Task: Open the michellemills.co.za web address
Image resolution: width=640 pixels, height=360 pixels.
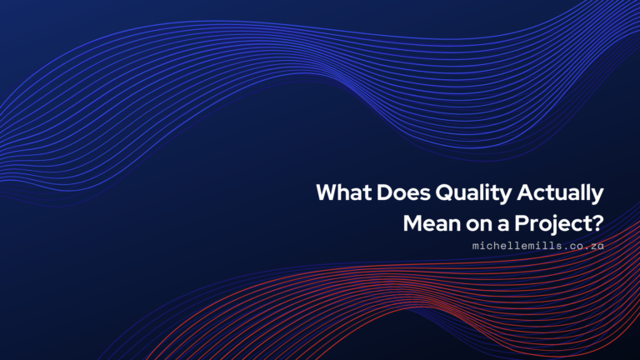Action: point(537,247)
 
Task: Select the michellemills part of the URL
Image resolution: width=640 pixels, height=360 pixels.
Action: point(512,247)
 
